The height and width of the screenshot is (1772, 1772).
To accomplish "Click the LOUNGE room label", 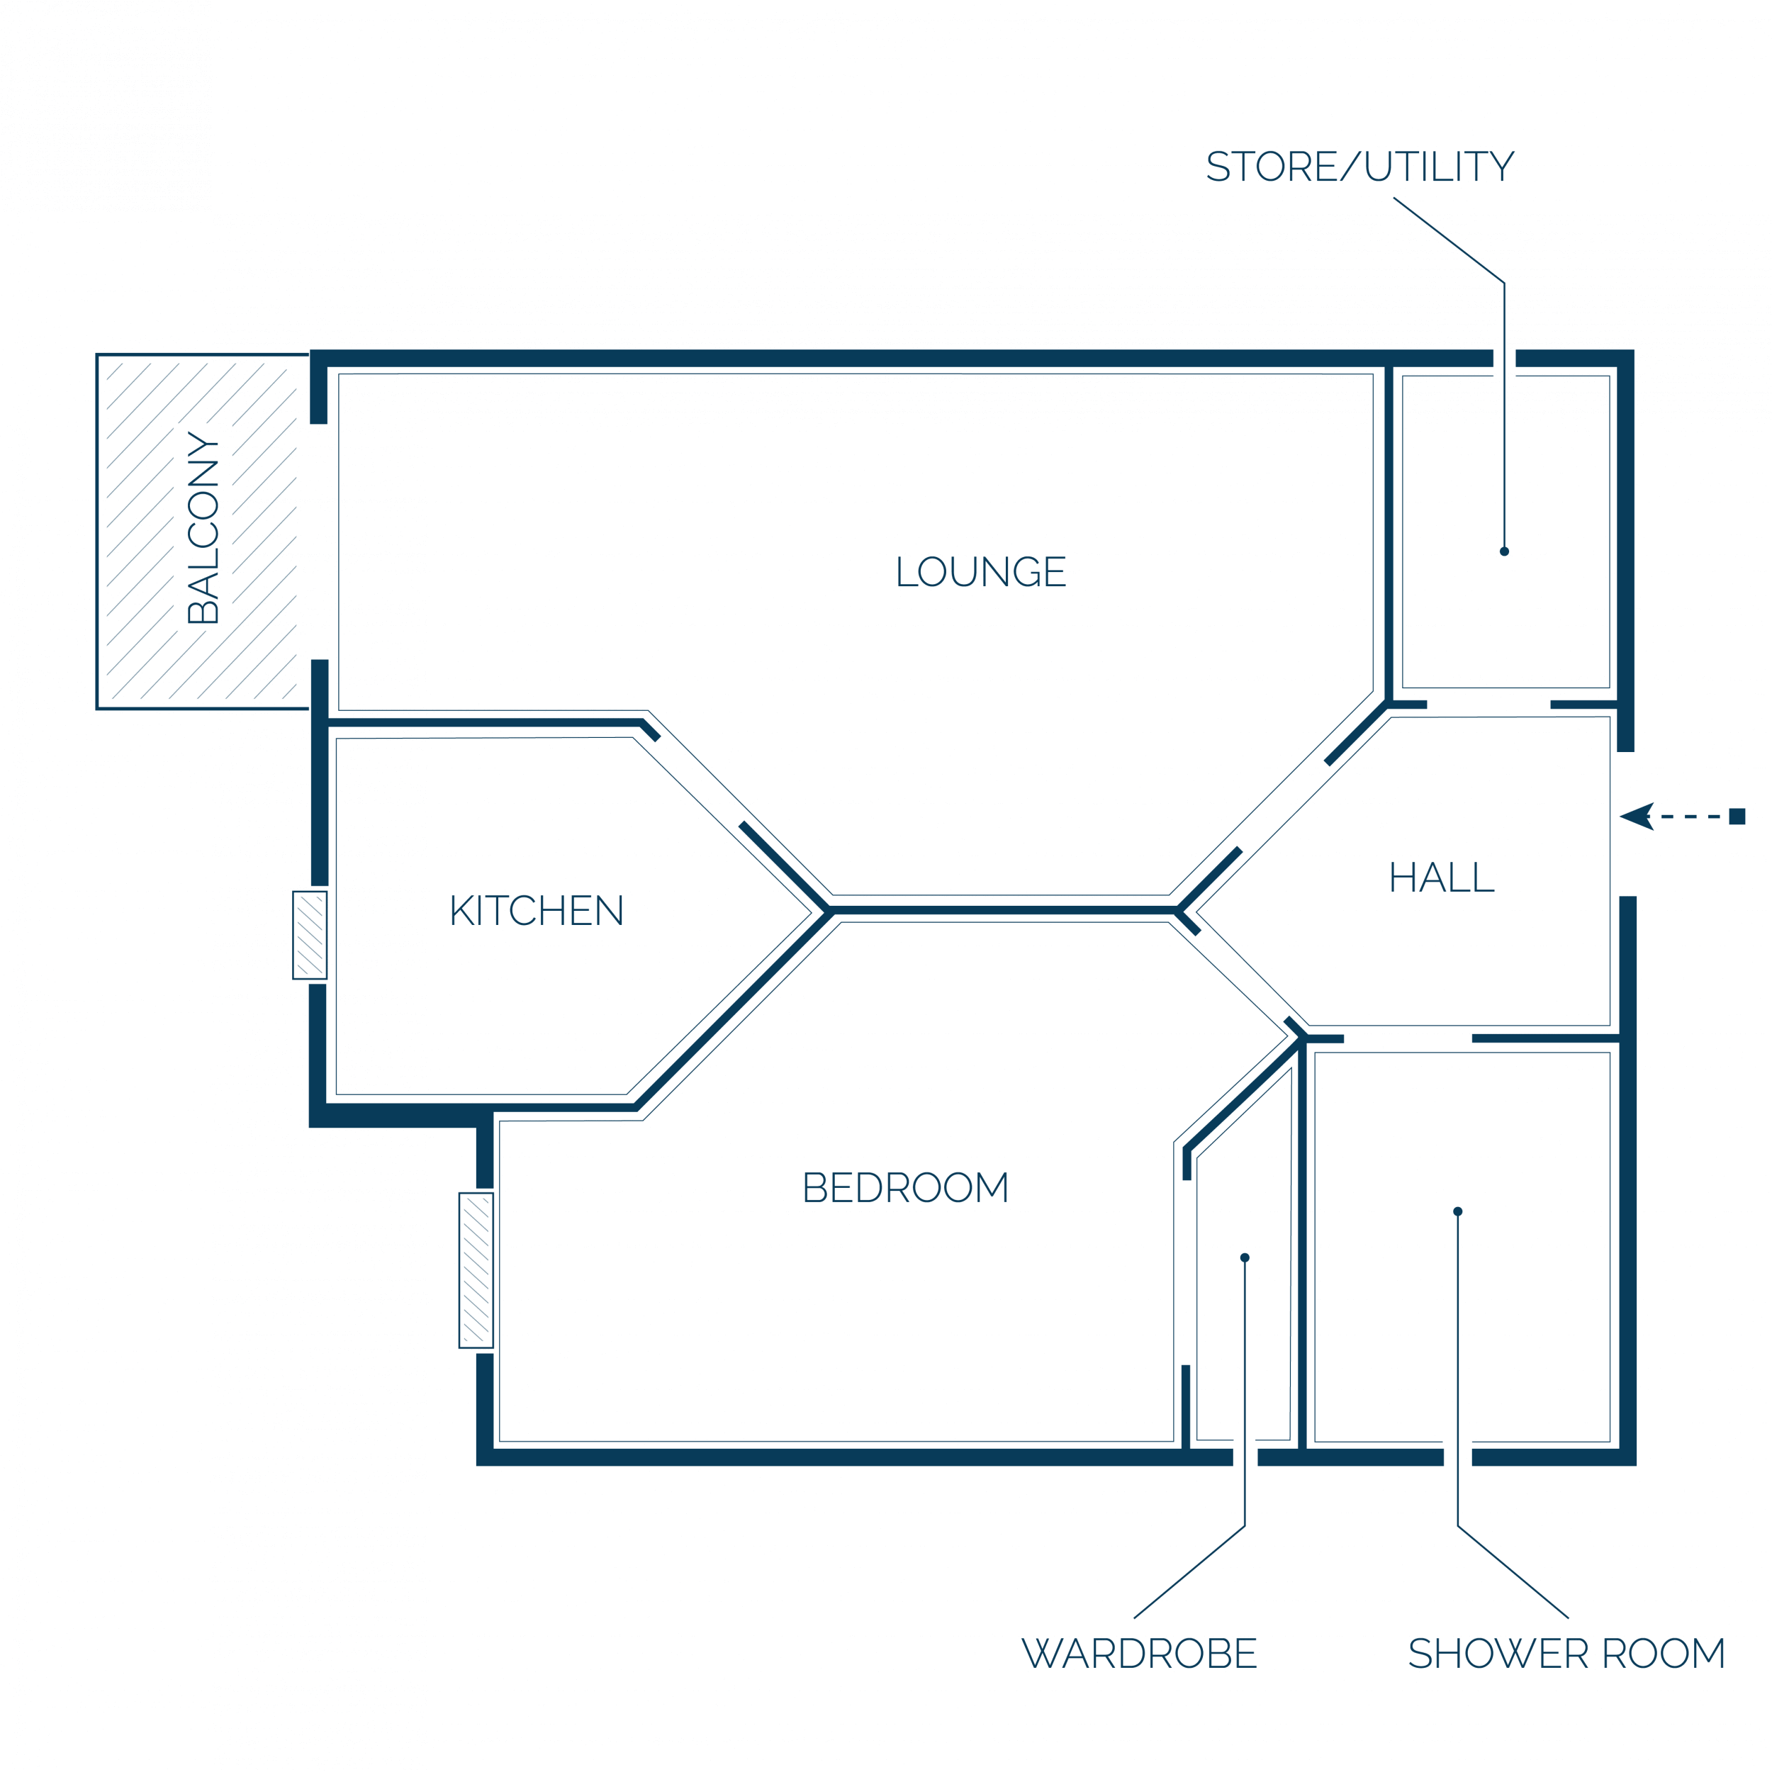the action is (980, 571).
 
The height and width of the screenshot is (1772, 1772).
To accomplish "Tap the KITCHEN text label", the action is (537, 910).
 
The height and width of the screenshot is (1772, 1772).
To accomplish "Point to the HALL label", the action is (1441, 877).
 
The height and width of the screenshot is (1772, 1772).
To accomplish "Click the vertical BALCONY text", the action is (203, 527).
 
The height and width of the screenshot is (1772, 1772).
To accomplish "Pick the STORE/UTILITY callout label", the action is (1359, 166).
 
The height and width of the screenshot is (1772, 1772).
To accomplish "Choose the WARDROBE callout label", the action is (1139, 1653).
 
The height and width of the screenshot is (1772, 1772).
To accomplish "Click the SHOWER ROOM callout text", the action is (1566, 1653).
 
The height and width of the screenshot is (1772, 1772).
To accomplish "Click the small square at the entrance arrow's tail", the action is (1737, 817).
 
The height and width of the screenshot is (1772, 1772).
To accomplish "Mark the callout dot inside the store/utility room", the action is (1504, 551).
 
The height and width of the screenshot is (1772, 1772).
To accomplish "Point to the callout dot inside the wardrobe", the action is (1245, 1257).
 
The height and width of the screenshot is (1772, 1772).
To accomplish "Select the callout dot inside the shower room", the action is (1457, 1211).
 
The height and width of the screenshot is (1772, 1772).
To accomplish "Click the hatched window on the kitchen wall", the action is (310, 935).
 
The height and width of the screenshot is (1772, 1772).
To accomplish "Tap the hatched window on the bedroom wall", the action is (476, 1270).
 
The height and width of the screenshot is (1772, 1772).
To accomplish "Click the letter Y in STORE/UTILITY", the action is (1501, 166).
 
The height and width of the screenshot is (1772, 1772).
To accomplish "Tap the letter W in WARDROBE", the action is (1041, 1653).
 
